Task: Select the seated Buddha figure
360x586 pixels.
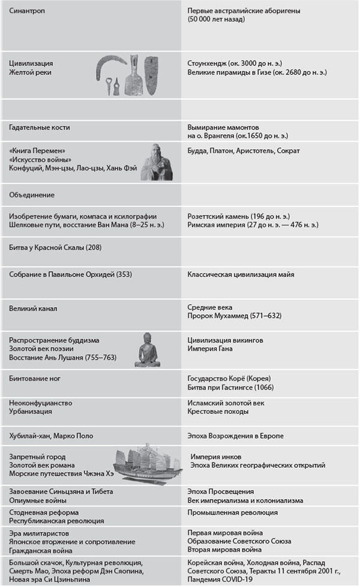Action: (147, 349)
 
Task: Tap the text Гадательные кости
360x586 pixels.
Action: (40, 127)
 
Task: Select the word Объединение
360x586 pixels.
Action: (32, 195)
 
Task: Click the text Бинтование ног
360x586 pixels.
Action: (35, 378)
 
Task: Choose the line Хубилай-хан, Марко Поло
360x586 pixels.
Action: (51, 435)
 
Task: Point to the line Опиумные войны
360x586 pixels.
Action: (35, 500)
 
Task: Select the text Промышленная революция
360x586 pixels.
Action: (232, 513)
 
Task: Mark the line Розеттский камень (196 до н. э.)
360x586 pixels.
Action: (239, 216)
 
